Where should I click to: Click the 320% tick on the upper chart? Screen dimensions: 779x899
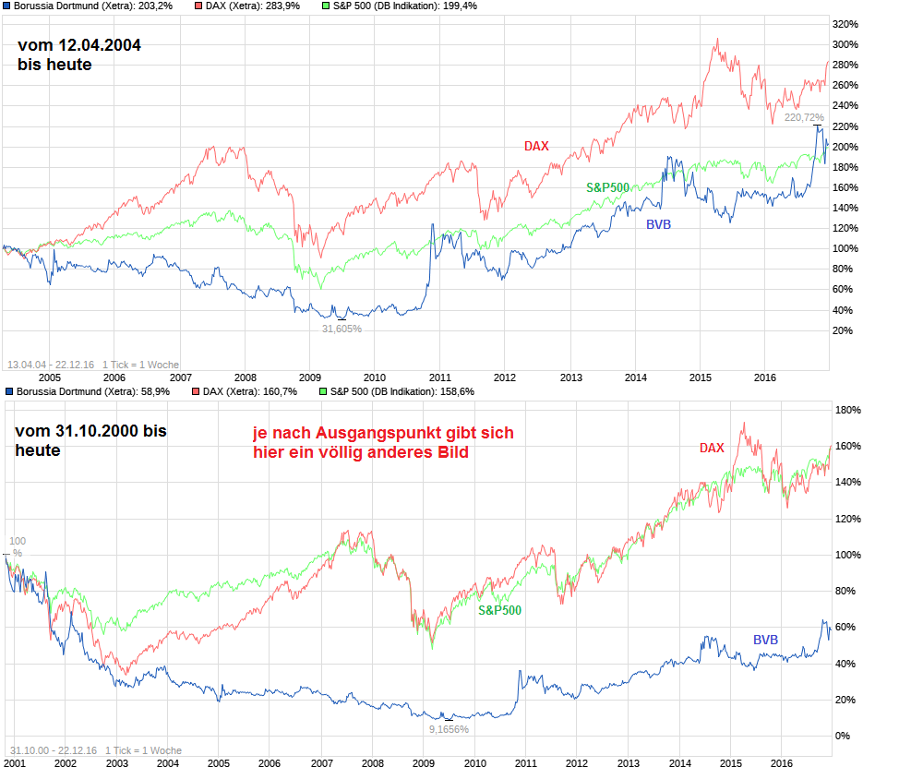tap(845, 23)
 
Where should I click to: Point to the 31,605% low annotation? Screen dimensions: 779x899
tap(342, 328)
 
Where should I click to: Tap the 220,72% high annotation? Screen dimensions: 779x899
tap(803, 117)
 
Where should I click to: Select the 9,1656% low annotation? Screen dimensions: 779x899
tap(449, 729)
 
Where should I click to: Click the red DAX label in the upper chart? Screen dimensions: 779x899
tap(536, 146)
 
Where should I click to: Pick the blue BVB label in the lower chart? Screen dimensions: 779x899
tap(765, 640)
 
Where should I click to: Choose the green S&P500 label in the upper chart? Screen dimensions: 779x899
tap(607, 187)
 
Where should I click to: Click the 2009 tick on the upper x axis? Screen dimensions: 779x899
tap(309, 378)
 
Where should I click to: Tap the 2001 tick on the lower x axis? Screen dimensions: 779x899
tap(15, 764)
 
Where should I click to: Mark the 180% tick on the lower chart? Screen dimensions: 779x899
tap(847, 410)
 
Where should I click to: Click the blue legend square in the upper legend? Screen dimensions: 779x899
tap(7, 6)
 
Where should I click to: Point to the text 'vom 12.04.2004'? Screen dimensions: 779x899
tap(79, 45)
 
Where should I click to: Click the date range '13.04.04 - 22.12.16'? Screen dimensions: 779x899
tap(51, 365)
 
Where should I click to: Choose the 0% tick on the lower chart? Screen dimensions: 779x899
tap(842, 736)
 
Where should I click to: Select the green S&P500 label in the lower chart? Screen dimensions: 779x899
tap(499, 610)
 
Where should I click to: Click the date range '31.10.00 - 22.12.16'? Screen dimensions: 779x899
tap(53, 750)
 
